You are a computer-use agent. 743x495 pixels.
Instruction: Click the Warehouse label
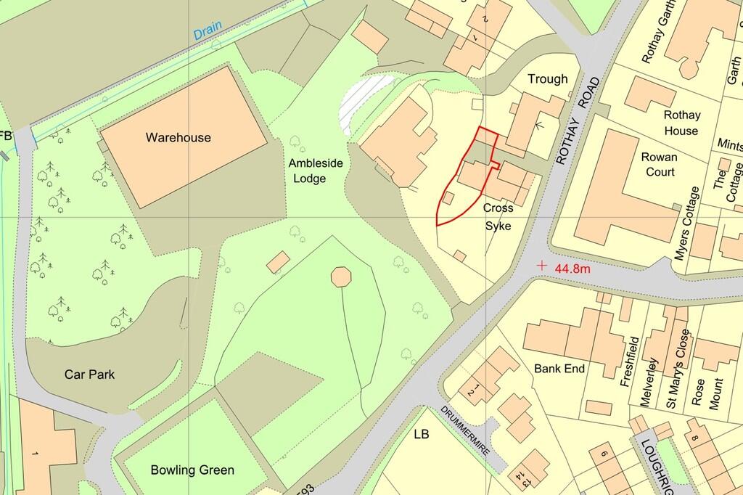coord(178,137)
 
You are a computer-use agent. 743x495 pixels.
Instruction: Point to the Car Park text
coord(89,375)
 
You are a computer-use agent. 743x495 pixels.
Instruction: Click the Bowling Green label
coord(184,470)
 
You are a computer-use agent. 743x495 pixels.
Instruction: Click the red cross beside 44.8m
coord(541,266)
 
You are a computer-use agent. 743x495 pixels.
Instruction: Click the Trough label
coord(548,79)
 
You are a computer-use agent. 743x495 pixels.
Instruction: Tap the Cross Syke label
coord(498,217)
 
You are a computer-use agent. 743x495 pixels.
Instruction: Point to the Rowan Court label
coord(659,164)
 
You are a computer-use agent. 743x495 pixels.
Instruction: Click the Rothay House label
coord(681,123)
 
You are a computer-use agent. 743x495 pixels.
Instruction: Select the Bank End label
coord(559,369)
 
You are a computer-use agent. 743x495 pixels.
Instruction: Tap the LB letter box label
coord(422,435)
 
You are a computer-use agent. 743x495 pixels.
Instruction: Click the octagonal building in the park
coord(341,277)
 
